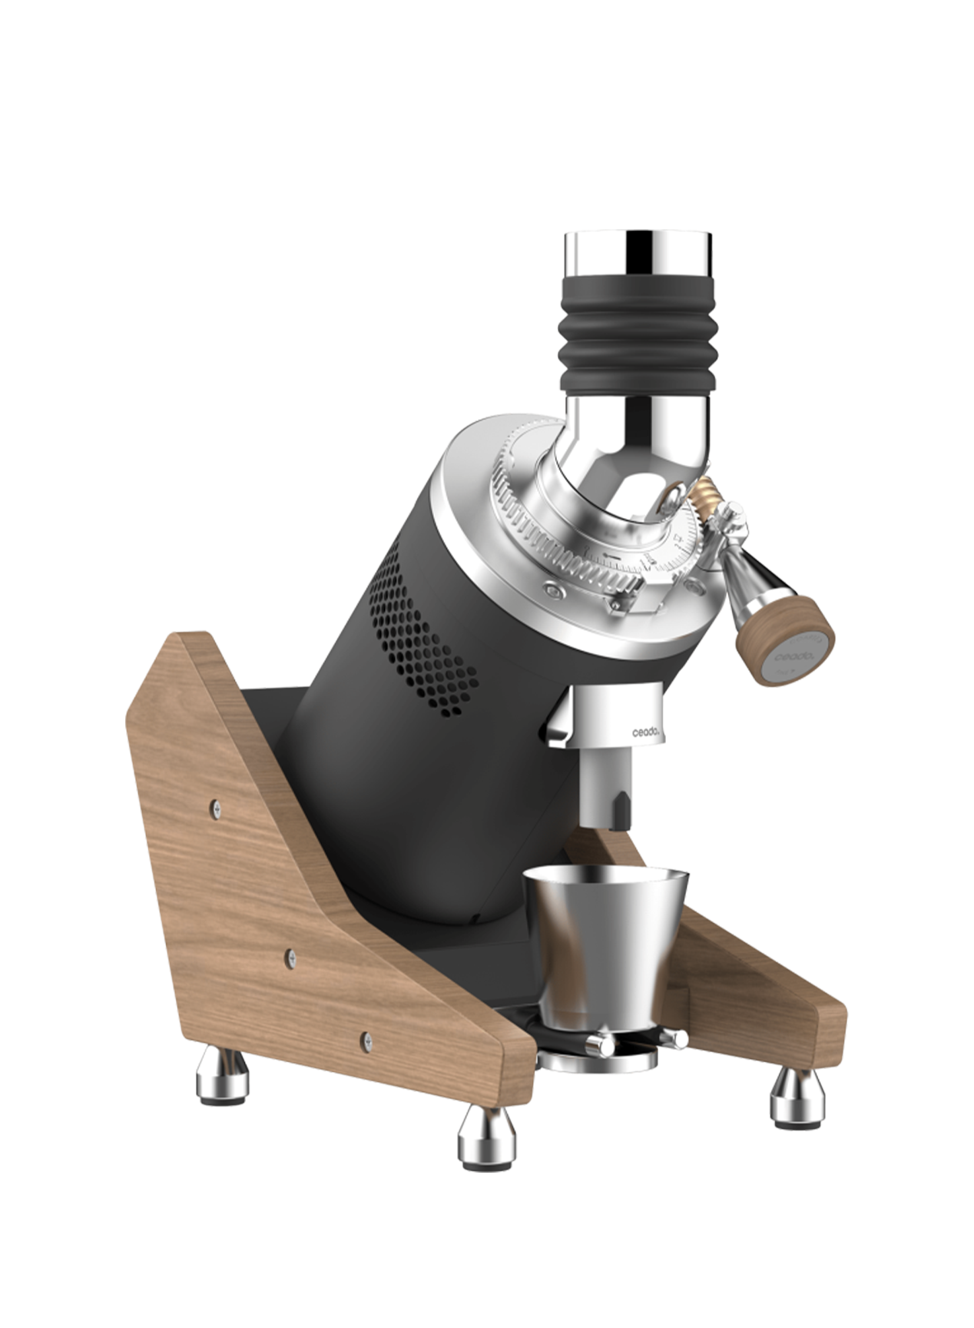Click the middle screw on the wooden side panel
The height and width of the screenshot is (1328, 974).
pos(290,956)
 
